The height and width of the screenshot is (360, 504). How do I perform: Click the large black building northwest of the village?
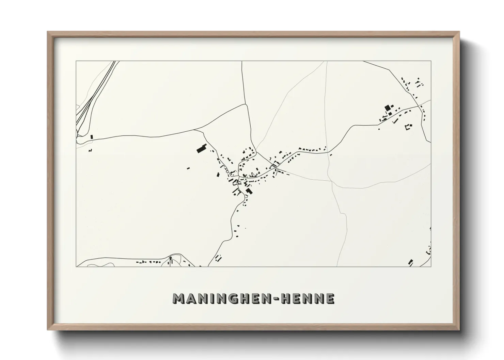point(202,149)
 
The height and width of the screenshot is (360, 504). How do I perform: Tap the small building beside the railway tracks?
point(92,137)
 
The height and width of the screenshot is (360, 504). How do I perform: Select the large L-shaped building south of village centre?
point(249,191)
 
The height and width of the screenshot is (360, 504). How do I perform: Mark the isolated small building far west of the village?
point(188,167)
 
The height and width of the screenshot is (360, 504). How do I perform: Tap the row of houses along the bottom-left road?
point(148,262)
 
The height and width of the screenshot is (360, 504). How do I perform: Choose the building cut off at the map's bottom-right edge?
point(410,262)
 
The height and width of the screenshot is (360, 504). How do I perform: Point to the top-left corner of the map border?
point(76,61)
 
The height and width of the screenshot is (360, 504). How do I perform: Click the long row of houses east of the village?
point(312,149)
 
